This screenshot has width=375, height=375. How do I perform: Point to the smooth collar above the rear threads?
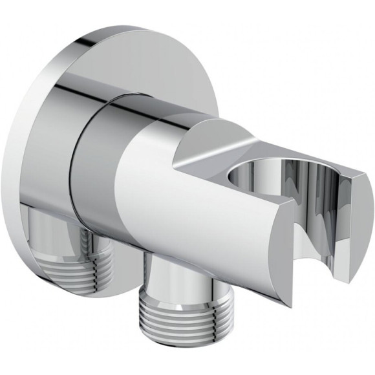(58, 223)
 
